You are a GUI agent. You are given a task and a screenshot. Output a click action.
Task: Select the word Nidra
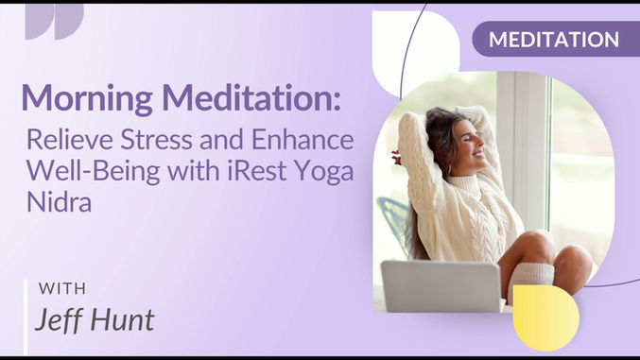[x=58, y=201]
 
